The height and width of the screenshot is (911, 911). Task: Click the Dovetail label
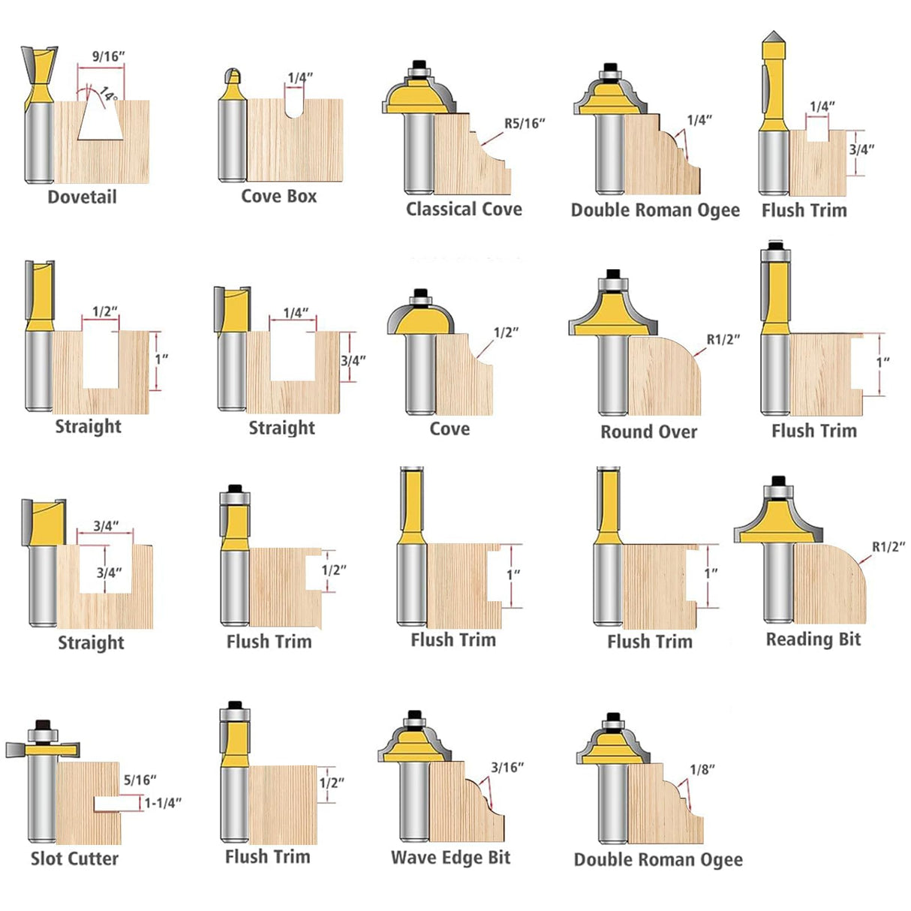coord(82,197)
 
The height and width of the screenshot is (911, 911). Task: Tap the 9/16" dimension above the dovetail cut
coord(108,56)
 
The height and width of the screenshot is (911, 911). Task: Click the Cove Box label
coord(278,197)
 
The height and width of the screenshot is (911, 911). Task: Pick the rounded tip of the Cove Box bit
coord(233,75)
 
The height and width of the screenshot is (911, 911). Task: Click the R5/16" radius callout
coord(524,124)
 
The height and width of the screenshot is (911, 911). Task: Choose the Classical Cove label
coord(464,209)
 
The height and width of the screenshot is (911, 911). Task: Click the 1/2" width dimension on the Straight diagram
coord(104,311)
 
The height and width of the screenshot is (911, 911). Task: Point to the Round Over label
coord(648,432)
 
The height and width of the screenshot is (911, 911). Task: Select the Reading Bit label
coord(813,639)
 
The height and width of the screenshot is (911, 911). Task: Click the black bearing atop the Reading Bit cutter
coord(778,481)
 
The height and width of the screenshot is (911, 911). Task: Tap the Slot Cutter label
coord(74,858)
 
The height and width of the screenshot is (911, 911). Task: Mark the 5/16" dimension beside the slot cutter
coord(140,780)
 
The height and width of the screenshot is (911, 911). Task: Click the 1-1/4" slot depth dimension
coord(163,803)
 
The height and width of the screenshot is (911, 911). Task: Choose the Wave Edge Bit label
coord(450,858)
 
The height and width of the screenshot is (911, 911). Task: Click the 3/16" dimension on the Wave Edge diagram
coord(507,768)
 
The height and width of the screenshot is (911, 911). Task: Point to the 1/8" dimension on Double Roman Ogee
coord(702,770)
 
